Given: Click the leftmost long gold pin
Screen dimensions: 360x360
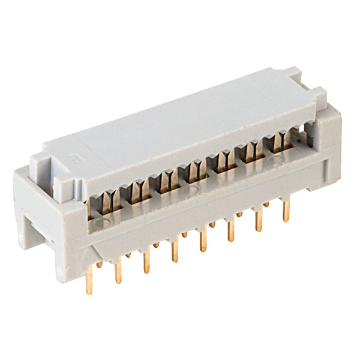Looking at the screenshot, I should point(89,281).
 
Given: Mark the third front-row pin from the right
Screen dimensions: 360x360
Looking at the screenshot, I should point(230,232).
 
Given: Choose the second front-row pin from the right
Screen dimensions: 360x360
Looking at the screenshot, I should point(259,221).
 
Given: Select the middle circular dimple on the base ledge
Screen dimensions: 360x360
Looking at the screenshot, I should point(193,191).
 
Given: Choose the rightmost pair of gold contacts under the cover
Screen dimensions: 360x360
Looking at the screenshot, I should point(280,141).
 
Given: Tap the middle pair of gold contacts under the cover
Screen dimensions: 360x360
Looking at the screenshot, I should point(193,172).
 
